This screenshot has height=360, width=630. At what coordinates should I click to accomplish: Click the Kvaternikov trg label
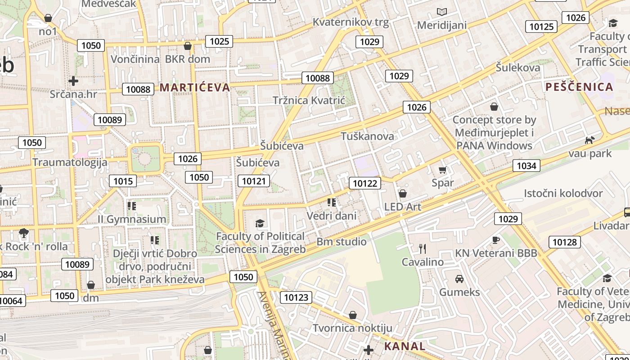[351, 22]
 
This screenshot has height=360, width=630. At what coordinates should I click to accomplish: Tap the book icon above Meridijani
[442, 12]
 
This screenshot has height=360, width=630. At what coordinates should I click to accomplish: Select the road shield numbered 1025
[220, 41]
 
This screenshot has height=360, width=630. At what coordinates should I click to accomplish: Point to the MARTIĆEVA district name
[195, 87]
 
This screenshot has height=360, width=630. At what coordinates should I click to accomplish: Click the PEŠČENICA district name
[580, 87]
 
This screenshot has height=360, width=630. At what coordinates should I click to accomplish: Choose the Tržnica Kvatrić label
[309, 100]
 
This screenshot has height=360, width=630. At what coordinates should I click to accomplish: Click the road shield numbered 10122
[364, 183]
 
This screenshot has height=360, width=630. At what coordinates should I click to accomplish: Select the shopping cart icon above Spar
[442, 170]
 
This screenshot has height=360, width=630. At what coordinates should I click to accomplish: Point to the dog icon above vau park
[589, 140]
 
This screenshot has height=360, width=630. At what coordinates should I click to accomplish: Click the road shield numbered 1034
[526, 166]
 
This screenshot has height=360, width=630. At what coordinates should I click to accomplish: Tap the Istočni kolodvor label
[563, 193]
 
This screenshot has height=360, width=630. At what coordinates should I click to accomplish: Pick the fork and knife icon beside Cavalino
[422, 248]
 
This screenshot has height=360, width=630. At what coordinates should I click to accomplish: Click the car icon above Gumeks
[459, 279]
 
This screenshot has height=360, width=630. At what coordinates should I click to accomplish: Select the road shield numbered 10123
[296, 297]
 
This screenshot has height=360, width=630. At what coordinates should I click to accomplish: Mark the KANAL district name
[405, 346]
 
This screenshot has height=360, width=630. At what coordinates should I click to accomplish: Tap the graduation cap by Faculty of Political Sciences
[260, 223]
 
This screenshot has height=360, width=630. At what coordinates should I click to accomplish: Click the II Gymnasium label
[132, 219]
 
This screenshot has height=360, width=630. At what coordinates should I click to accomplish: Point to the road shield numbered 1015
[123, 181]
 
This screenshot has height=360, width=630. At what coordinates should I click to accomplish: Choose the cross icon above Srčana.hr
[73, 81]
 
